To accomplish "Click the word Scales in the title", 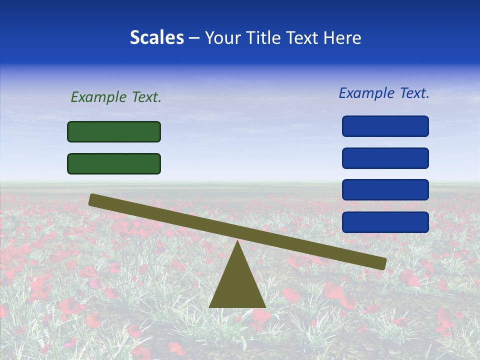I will click(x=156, y=38).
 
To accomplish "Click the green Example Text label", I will click(x=116, y=97).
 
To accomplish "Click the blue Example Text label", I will click(x=384, y=93).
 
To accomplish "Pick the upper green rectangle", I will click(x=114, y=132).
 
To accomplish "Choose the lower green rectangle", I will click(x=114, y=163).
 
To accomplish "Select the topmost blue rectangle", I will click(x=385, y=126).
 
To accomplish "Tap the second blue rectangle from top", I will click(x=385, y=158).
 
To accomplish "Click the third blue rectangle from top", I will click(x=385, y=190).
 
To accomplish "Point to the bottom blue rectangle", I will click(x=385, y=222).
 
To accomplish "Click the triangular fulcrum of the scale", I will click(x=237, y=285).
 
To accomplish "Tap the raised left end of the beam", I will click(x=93, y=199).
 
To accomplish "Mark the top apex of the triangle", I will click(x=237, y=242).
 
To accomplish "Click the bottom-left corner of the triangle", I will click(x=210, y=306).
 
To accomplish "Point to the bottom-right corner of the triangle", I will click(x=264, y=306).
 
